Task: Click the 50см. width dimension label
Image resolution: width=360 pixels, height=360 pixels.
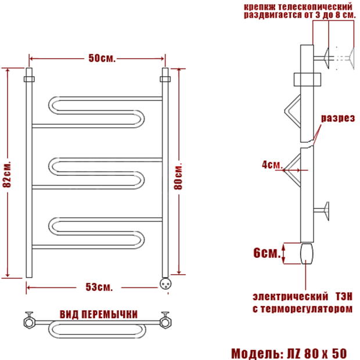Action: (x=102, y=58)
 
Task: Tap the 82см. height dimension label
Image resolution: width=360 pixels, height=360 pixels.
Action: (x=7, y=174)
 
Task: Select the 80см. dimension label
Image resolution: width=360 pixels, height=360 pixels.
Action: (x=178, y=176)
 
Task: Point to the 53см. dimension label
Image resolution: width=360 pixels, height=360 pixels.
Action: (x=99, y=287)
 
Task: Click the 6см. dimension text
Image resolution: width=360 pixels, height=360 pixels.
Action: (x=267, y=253)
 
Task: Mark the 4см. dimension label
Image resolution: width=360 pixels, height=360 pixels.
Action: (x=272, y=165)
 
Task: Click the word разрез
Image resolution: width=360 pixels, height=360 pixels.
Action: (x=338, y=118)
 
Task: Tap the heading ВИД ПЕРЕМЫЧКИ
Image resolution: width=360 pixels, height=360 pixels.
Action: (x=99, y=314)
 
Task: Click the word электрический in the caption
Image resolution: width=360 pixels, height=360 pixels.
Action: (x=290, y=297)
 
